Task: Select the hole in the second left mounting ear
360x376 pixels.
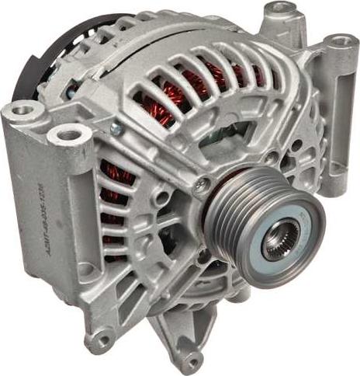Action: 69,135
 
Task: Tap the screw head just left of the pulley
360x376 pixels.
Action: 201,184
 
